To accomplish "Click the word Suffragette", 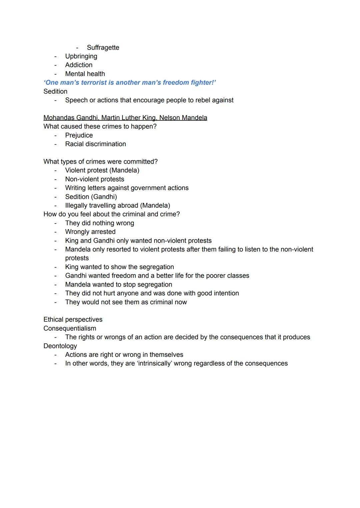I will click(103, 48).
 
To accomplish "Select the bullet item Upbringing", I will click(81, 56).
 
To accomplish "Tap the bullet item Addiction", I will click(79, 65).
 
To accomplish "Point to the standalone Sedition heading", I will click(55, 91).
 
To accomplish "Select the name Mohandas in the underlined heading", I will click(59, 118).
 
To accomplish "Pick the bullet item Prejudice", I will click(79, 135).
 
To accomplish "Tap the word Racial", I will click(75, 144).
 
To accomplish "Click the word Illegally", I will click(76, 206).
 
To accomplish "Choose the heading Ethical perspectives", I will click(73, 319).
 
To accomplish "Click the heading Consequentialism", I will click(70, 328).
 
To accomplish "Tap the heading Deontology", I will click(60, 346).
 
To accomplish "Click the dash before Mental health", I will click(56, 74).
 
